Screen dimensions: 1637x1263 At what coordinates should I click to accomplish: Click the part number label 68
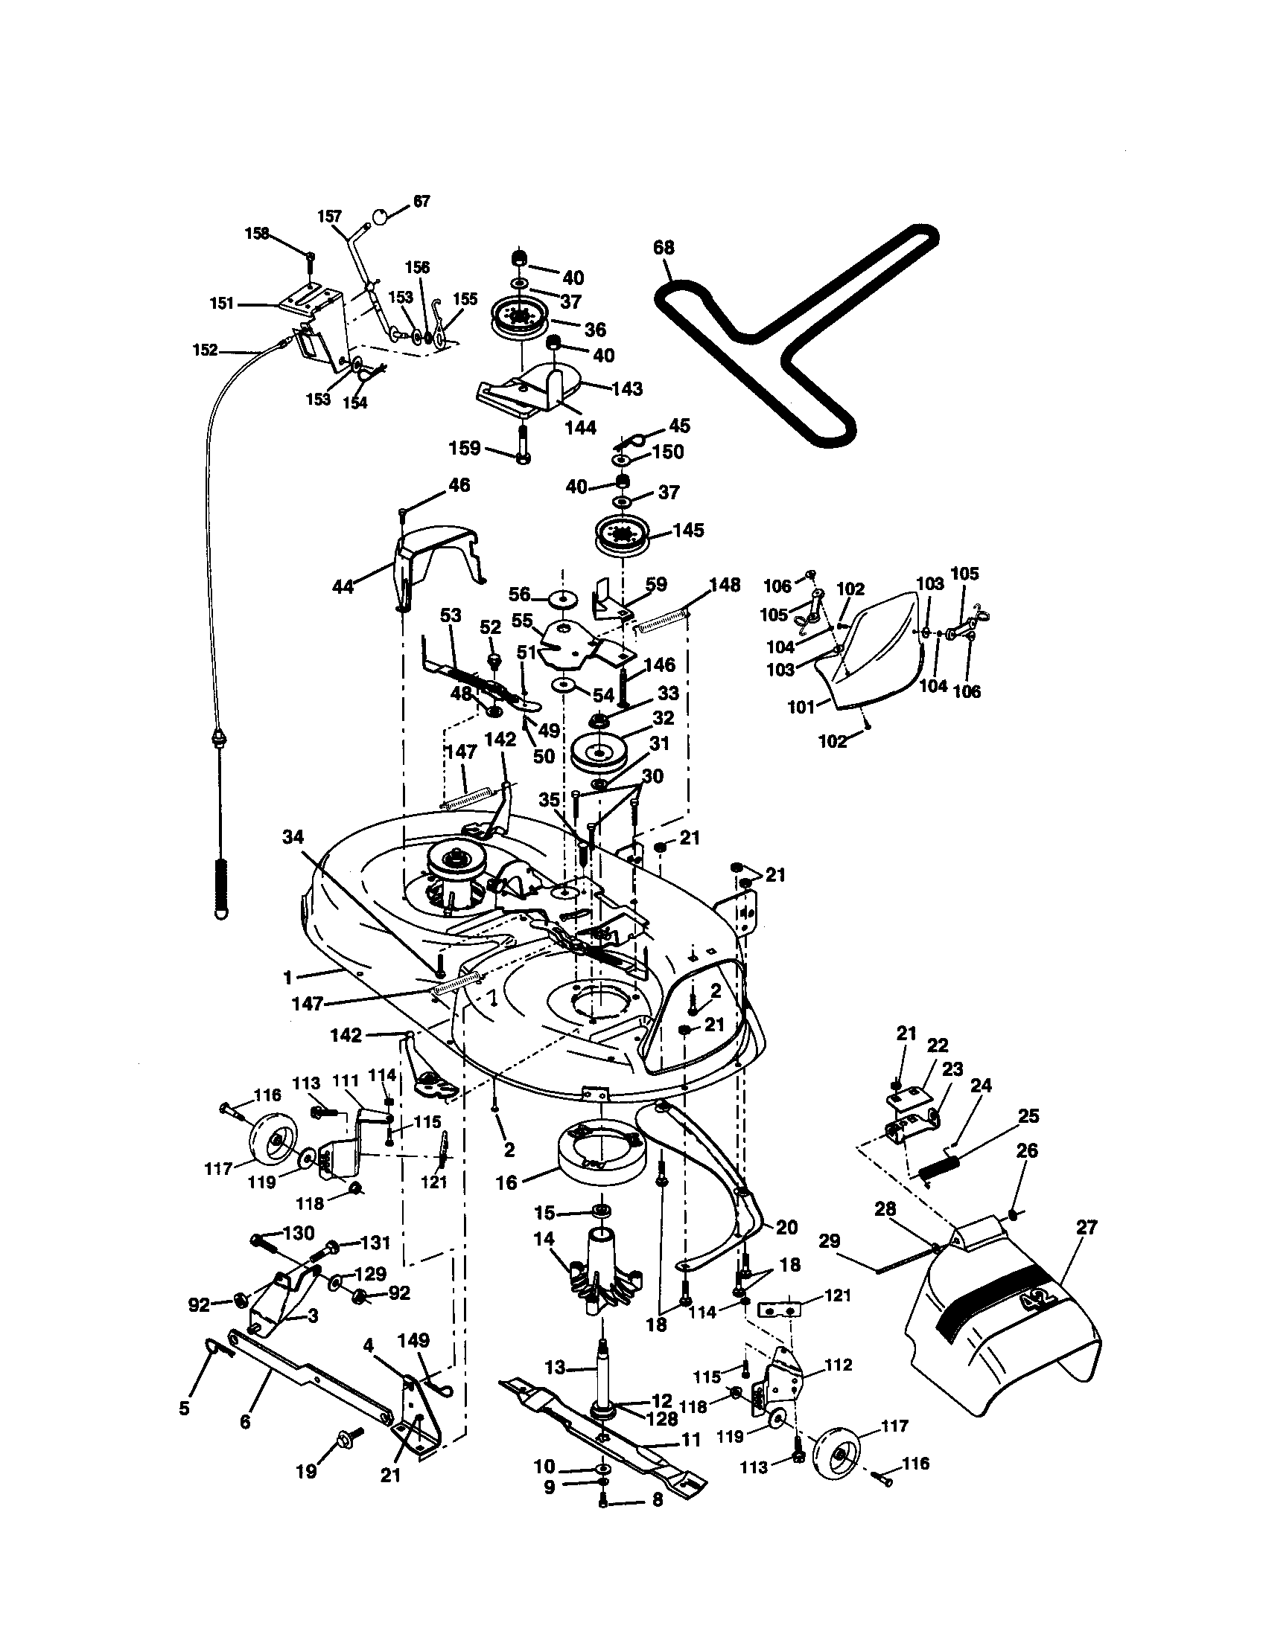[664, 248]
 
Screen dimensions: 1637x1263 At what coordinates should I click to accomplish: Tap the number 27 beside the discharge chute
[1086, 1227]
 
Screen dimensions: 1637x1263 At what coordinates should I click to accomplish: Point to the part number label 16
[507, 1183]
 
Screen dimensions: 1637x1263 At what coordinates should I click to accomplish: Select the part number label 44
[343, 586]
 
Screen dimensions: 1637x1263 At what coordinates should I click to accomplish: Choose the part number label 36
[595, 330]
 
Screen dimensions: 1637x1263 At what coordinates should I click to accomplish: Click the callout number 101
[802, 706]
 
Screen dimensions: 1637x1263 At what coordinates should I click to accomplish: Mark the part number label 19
[306, 1471]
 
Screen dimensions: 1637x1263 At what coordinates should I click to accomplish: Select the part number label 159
[464, 448]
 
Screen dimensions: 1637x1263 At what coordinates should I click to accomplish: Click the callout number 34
[293, 837]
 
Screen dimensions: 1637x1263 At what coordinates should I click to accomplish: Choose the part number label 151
[223, 304]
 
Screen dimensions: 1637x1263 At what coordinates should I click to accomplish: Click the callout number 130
[299, 1233]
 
